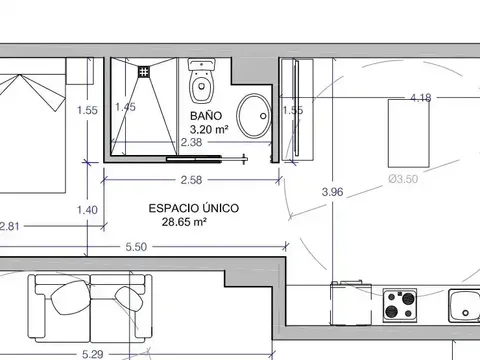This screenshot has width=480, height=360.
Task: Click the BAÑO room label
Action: point(206,115)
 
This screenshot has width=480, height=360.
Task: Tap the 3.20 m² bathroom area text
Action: point(209,129)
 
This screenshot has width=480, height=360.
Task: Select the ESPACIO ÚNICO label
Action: point(194,208)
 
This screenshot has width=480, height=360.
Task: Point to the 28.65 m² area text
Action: point(184,222)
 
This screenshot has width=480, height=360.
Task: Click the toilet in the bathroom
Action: point(201,81)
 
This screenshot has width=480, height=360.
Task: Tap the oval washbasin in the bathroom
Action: point(254,116)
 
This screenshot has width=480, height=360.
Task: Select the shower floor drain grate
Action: point(144,72)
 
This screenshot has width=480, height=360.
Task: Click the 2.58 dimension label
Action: point(191,180)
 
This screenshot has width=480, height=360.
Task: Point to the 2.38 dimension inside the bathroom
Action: point(191,142)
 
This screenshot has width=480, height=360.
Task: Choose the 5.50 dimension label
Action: point(136,247)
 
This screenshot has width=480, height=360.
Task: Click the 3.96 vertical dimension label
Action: point(332,192)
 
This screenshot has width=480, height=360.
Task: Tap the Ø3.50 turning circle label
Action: point(403,179)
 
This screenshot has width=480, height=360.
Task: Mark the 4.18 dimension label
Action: point(421,98)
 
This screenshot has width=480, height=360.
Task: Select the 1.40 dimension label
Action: point(87,210)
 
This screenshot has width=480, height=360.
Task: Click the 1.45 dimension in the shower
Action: point(125,107)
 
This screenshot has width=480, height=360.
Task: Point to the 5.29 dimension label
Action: point(92,354)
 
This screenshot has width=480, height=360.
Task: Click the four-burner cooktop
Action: point(400,305)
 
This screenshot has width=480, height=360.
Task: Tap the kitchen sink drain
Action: point(465,313)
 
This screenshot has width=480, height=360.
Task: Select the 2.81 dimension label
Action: point(9,227)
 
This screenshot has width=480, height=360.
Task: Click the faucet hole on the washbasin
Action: point(263,116)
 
